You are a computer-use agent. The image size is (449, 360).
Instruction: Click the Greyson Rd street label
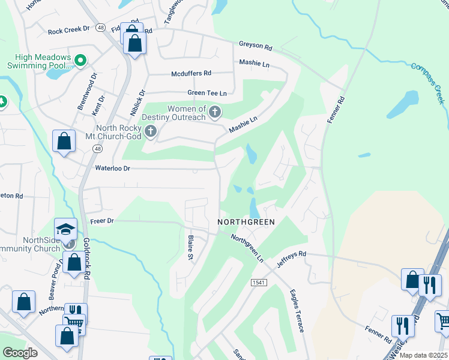click(255, 45)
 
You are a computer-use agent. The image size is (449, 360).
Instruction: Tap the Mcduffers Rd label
click(191, 73)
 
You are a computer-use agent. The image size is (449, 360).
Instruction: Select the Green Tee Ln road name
click(207, 93)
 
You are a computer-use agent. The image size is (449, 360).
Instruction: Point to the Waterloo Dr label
click(112, 169)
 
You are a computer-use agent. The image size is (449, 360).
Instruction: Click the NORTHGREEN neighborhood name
click(246, 222)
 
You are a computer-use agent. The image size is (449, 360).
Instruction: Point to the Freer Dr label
click(102, 221)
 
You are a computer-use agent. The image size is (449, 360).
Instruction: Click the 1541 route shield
click(258, 282)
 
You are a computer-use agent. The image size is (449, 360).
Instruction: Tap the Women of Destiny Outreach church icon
click(214, 112)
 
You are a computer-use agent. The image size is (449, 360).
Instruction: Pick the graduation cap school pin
click(66, 228)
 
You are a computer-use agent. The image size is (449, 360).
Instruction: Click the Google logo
click(20, 353)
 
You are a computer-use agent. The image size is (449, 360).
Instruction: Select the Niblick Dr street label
click(142, 101)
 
